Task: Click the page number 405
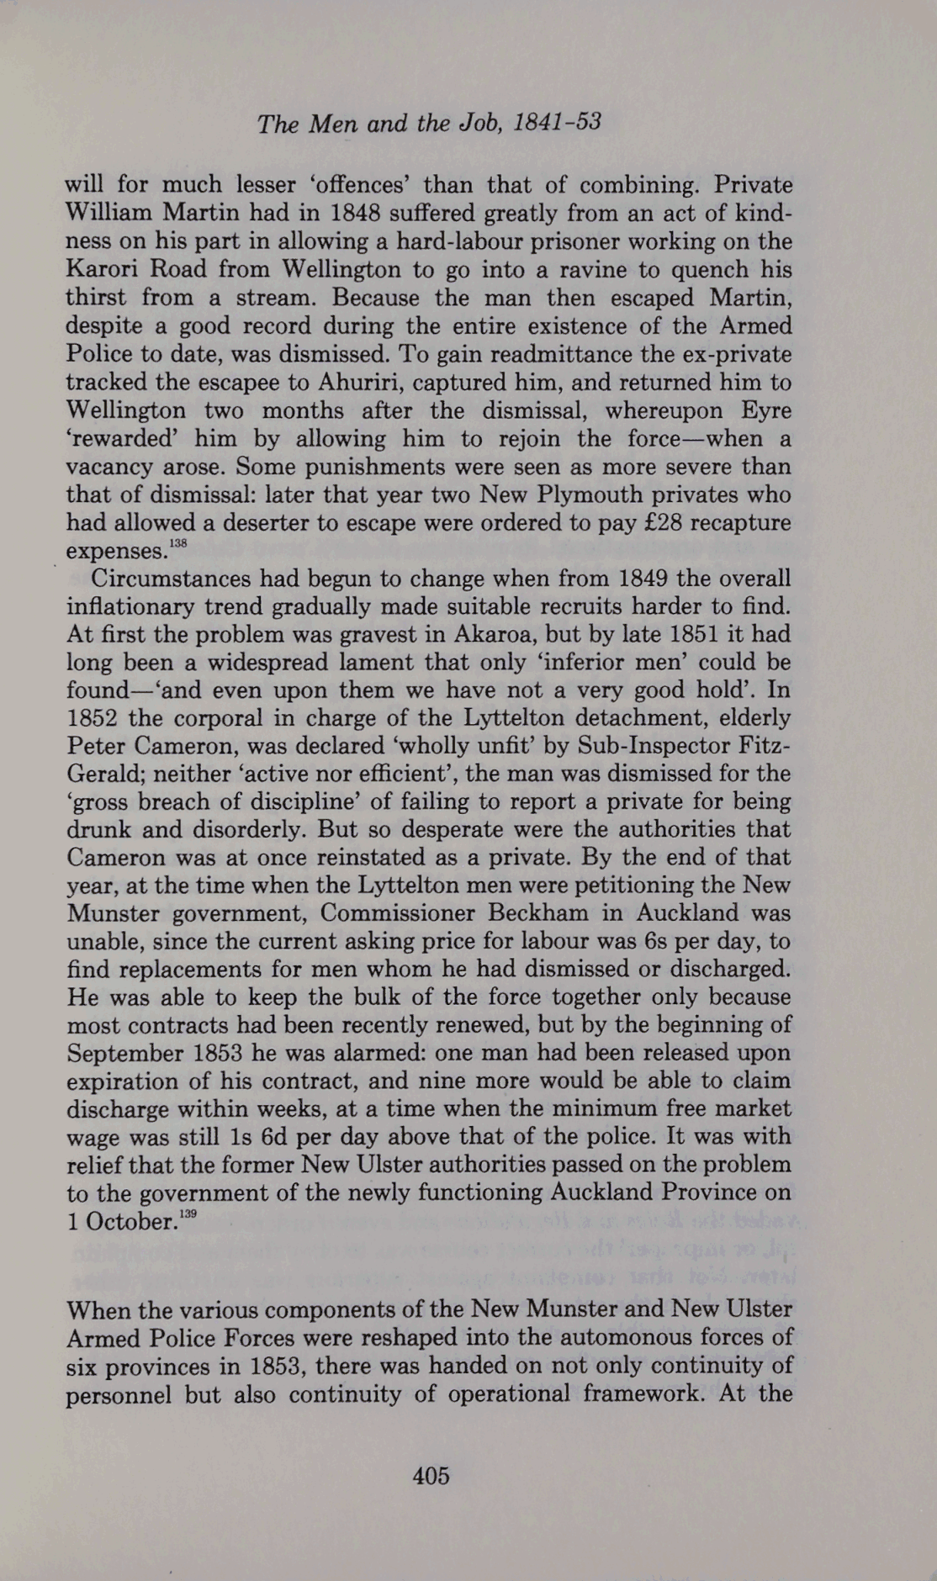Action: pyautogui.click(x=431, y=1475)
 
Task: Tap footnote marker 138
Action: pyautogui.click(x=177, y=545)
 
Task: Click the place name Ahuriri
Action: pyautogui.click(x=363, y=382)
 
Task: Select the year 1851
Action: pyautogui.click(x=691, y=634)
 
